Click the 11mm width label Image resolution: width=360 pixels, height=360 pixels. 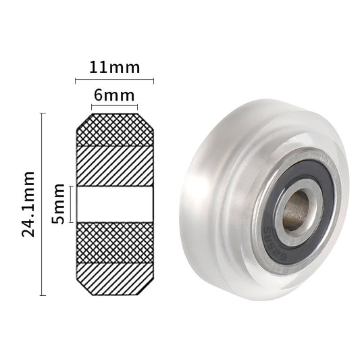click(x=114, y=68)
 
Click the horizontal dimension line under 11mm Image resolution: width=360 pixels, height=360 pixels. click(x=114, y=80)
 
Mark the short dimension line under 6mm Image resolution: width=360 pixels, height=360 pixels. click(x=114, y=107)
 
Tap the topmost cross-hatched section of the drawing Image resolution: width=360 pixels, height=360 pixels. click(x=114, y=130)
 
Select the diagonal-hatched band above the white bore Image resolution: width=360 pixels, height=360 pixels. click(x=114, y=165)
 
